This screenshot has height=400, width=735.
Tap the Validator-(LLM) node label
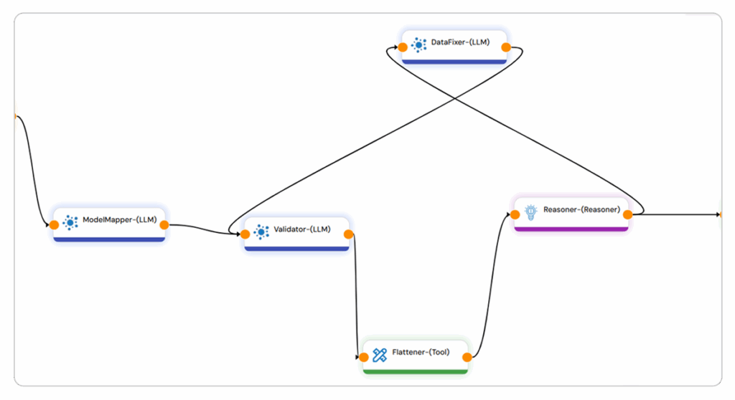click(x=302, y=230)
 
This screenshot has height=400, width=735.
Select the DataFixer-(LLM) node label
click(x=460, y=42)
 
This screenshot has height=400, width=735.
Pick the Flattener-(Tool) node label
click(x=421, y=352)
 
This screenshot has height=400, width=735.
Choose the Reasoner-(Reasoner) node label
click(x=582, y=209)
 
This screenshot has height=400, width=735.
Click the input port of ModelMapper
click(x=55, y=224)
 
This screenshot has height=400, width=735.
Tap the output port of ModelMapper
click(x=164, y=224)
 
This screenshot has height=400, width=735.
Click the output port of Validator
click(x=348, y=233)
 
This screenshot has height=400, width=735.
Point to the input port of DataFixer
click(x=403, y=47)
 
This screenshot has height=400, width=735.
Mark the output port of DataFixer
click(x=506, y=47)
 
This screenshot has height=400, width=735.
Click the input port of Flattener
click(x=364, y=356)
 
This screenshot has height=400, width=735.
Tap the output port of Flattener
click(x=467, y=356)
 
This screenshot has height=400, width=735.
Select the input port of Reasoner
click(x=515, y=214)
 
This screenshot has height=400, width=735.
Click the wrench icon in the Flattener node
click(x=380, y=353)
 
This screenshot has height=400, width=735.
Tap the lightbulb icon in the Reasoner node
click(x=531, y=211)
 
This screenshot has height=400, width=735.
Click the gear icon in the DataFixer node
click(x=418, y=44)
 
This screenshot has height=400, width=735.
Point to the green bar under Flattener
click(x=416, y=371)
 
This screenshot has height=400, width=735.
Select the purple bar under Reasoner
click(x=571, y=229)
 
